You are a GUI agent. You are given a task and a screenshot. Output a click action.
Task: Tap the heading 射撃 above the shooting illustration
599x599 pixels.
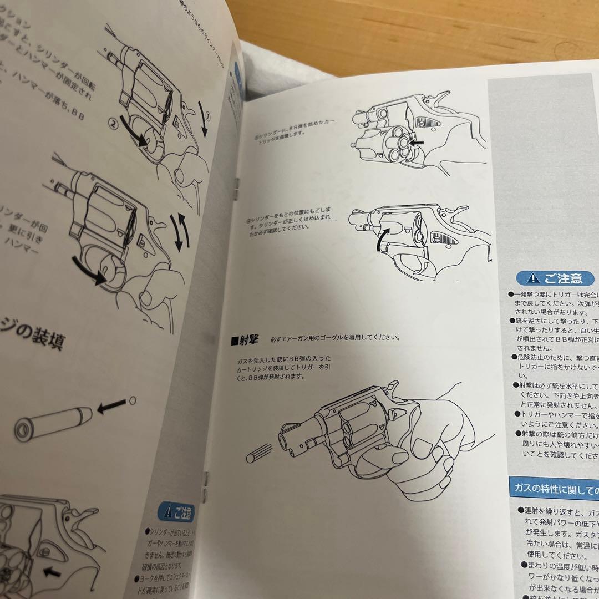click(x=247, y=338)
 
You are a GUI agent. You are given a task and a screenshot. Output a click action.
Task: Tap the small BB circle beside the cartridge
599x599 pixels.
click(x=132, y=399)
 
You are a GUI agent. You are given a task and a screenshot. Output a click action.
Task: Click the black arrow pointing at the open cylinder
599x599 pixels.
click(x=418, y=143)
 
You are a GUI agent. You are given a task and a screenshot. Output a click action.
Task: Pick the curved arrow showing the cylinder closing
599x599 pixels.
click(x=382, y=240)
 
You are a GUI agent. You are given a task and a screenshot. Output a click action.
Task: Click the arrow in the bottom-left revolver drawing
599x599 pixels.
click(x=52, y=571)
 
